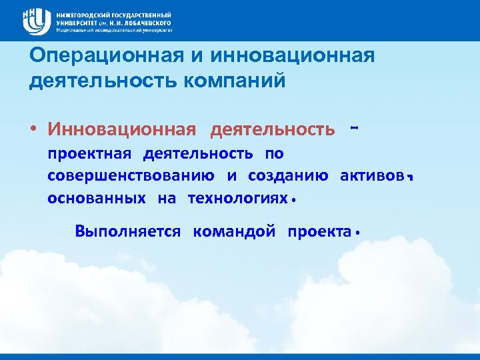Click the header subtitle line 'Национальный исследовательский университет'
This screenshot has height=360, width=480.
tap(114, 30)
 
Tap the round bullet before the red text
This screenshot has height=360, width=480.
tap(34, 129)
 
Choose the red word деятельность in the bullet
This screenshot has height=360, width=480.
tap(273, 128)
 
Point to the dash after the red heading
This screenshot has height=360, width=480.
tap(354, 125)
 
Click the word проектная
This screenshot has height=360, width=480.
tap(89, 153)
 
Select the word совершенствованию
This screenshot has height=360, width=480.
tap(131, 176)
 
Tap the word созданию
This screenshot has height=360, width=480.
tap(288, 176)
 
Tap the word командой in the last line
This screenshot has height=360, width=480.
tap(234, 231)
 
